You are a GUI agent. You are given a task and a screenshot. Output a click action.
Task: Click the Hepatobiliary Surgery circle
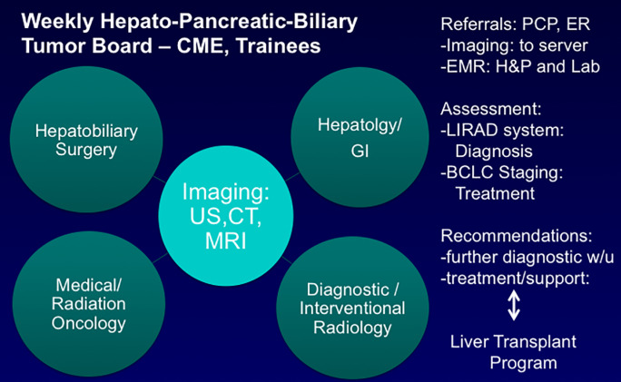coord(86,140)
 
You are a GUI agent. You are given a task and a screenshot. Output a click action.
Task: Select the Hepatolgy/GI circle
coord(360,137)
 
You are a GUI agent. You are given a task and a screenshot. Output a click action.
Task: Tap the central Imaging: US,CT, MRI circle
coord(226,216)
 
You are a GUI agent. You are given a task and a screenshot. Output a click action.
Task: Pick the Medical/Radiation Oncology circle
coord(89,304)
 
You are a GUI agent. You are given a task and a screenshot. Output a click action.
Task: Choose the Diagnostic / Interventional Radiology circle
coord(352,308)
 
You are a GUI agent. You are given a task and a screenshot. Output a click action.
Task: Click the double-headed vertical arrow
coord(514,305)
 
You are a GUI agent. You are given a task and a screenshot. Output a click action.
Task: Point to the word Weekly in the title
coord(57,23)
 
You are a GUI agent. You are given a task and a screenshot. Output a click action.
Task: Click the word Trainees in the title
coord(278,46)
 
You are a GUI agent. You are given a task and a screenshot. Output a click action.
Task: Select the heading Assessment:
coord(490,109)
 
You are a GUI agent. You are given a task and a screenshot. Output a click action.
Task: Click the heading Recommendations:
coord(517,236)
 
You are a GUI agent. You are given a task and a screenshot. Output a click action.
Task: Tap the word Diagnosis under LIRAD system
coord(494,152)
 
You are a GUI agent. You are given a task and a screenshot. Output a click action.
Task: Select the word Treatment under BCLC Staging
coord(495,193)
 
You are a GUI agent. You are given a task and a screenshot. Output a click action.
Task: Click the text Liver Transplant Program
coord(514,352)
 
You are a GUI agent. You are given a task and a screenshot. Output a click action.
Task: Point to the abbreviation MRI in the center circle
coord(226,241)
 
